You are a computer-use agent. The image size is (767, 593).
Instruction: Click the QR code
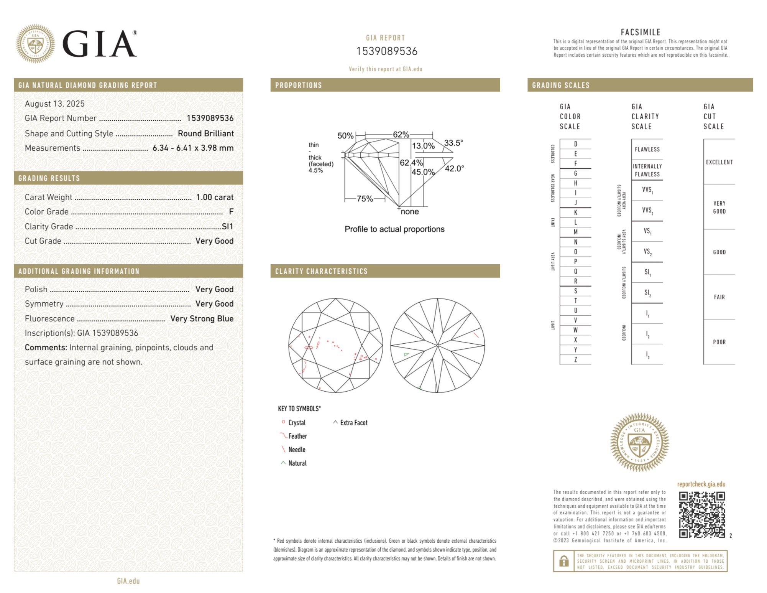(x=701, y=515)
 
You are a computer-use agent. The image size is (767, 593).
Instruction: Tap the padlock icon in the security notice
(x=563, y=561)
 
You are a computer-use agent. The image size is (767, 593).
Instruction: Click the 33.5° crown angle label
(x=453, y=143)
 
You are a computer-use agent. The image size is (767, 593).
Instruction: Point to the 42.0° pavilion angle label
(x=454, y=168)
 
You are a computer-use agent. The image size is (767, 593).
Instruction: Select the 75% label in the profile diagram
(x=365, y=199)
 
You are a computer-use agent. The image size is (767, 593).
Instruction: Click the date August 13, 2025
(x=54, y=104)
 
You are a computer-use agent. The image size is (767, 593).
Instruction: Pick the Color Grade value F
(x=231, y=212)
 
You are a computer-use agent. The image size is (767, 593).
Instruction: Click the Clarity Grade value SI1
(x=227, y=227)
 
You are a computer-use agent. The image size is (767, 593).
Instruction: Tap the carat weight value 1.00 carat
(x=215, y=197)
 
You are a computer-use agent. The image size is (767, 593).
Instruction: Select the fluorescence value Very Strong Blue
(x=202, y=319)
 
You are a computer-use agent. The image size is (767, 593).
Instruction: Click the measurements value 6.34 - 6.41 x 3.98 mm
(x=193, y=148)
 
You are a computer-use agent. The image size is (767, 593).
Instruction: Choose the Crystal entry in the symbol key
(x=296, y=423)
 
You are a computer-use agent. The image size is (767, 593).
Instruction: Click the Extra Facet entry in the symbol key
(x=353, y=423)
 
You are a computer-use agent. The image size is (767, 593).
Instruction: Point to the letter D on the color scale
(x=575, y=144)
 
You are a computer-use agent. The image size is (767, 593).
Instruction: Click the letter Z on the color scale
(x=575, y=360)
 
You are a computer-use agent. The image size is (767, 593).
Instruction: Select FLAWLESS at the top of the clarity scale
(x=647, y=150)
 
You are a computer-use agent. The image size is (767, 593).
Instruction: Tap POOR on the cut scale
(x=719, y=342)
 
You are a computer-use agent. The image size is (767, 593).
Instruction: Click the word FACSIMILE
(x=641, y=33)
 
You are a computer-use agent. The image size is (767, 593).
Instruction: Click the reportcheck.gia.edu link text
(x=701, y=484)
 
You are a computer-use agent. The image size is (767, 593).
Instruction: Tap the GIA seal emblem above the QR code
(x=639, y=442)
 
